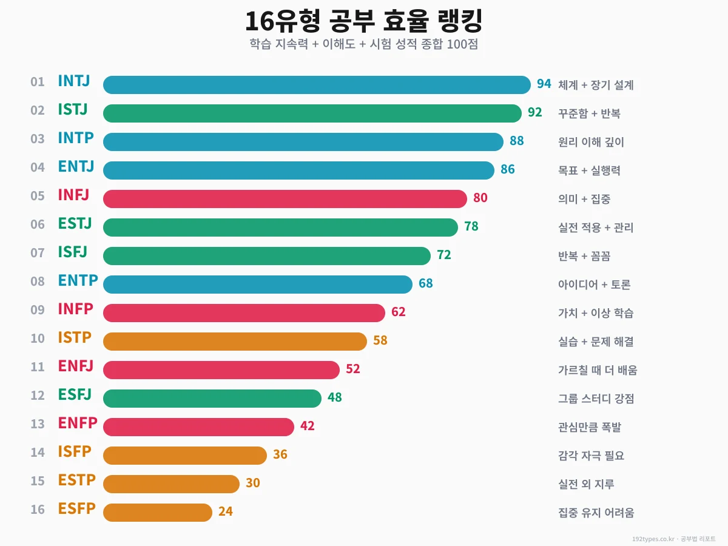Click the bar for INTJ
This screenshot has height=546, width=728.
pos(317,85)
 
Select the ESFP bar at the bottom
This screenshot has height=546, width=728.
pos(158,513)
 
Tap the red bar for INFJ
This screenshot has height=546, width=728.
pos(285,199)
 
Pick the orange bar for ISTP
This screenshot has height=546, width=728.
pos(235,342)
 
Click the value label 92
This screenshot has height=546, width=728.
pos(534,112)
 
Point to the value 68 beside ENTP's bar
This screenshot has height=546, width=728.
pos(425,283)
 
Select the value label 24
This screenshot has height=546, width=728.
pos(225,511)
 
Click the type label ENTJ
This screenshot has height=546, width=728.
pos(76,167)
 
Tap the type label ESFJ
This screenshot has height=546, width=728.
pos(75,395)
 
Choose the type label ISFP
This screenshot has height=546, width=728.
pos(75,452)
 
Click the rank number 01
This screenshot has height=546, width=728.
pos(38,82)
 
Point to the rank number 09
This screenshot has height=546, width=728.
pos(38,310)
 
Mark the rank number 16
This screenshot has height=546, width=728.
pos(38,510)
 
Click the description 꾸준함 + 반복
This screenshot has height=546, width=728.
pos(589,113)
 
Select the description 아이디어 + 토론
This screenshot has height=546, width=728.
pos(595,285)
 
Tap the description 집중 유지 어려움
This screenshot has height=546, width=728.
pos(596,513)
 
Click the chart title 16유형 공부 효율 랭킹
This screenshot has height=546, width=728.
pos(363,22)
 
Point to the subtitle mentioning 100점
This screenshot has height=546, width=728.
pos(363,44)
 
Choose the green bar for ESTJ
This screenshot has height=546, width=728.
pos(280,227)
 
